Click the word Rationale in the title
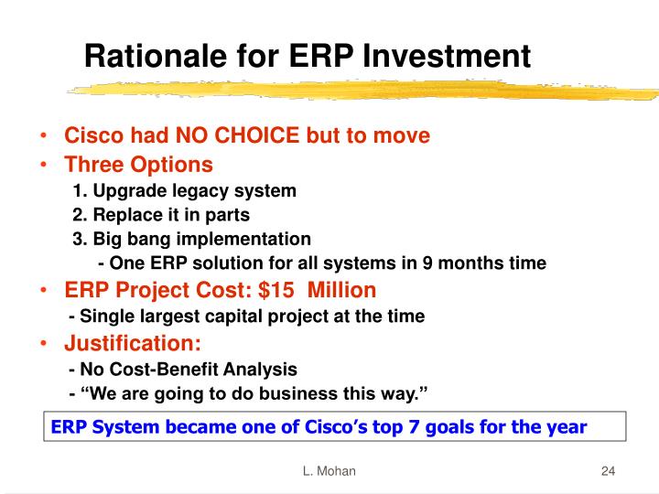(x=156, y=56)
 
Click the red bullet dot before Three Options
(x=43, y=165)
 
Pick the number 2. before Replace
(x=80, y=215)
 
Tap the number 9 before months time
(x=427, y=263)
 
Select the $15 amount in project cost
(x=276, y=290)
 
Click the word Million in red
(x=341, y=290)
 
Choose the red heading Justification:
(x=133, y=343)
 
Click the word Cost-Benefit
(x=164, y=370)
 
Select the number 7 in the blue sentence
(x=414, y=427)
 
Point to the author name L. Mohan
(x=329, y=471)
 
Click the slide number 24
(x=608, y=471)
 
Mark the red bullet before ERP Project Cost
(x=43, y=290)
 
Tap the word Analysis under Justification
(x=260, y=370)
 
